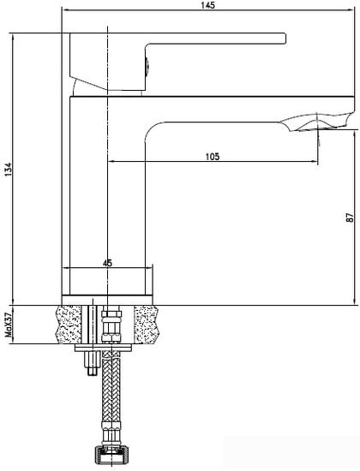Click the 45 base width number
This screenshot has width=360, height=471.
click(x=107, y=263)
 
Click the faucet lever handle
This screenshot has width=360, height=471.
click(x=214, y=39)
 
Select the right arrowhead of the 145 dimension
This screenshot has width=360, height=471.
click(x=353, y=12)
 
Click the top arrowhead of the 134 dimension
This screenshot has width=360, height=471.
click(x=17, y=35)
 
